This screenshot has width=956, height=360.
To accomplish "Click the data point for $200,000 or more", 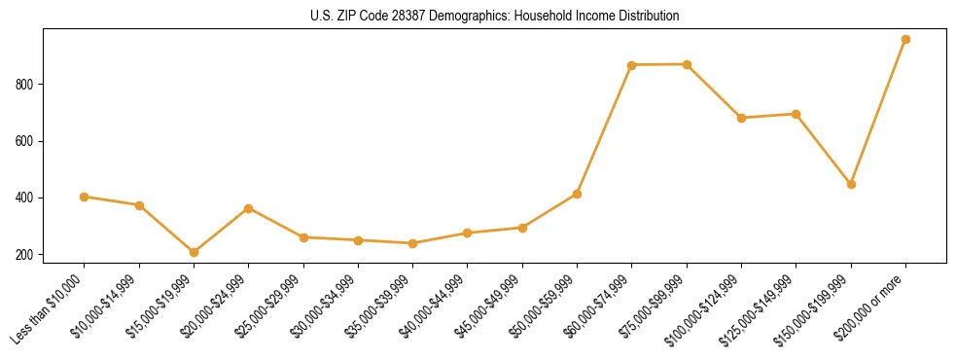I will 905,40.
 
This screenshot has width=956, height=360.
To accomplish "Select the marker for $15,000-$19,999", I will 194,252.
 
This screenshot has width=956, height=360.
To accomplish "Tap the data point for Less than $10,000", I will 85,197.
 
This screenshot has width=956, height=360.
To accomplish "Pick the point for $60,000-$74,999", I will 632,65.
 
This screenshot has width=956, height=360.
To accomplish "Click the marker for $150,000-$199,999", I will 851,184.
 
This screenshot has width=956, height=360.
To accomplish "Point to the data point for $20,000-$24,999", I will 249,208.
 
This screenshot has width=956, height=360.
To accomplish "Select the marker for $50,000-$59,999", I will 577,194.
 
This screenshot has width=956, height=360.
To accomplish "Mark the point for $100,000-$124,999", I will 741,118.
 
